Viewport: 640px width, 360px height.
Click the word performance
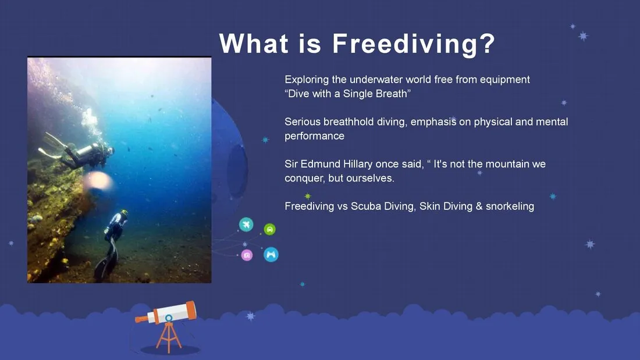314,136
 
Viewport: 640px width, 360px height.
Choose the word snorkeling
510,206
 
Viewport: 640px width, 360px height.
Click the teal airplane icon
246,224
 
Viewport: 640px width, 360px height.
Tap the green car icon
270,229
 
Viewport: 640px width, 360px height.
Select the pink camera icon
247,255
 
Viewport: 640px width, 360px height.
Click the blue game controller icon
271,255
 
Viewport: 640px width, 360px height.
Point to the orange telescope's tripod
169,337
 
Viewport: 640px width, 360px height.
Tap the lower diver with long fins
111,244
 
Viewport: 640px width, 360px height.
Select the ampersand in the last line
479,206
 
